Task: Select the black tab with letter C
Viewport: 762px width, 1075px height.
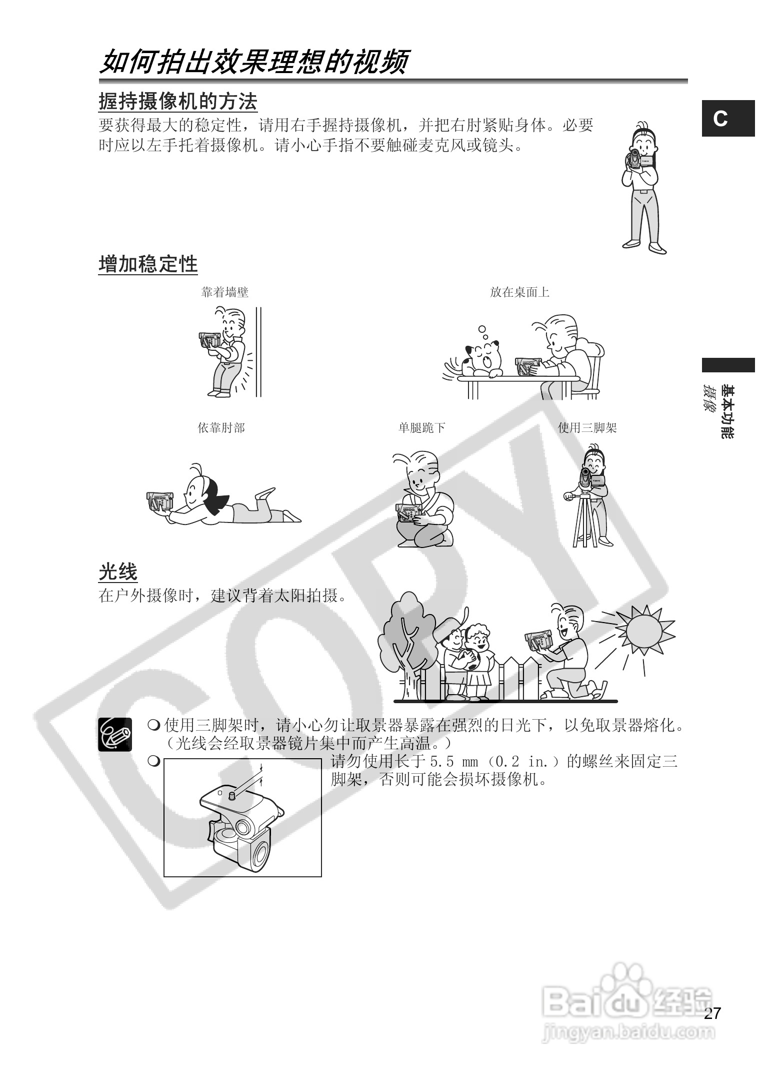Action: [x=727, y=119]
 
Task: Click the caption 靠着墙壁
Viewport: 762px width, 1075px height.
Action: [x=224, y=292]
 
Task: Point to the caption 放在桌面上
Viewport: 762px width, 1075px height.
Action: [x=519, y=292]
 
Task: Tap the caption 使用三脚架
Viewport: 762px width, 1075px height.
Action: [x=587, y=428]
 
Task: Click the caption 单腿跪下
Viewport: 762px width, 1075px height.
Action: [x=421, y=428]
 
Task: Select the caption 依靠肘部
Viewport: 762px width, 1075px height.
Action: [x=221, y=428]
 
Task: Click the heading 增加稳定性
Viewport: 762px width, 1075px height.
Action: [x=148, y=264]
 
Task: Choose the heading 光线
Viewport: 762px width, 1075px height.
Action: [x=118, y=572]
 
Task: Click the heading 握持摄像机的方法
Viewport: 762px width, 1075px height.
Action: [x=178, y=102]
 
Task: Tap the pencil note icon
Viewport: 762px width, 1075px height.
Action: [x=115, y=734]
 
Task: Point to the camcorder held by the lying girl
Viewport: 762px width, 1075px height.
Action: [x=160, y=501]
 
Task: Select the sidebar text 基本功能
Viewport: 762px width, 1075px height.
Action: [x=728, y=412]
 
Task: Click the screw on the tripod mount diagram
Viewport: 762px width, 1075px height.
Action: [x=231, y=795]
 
